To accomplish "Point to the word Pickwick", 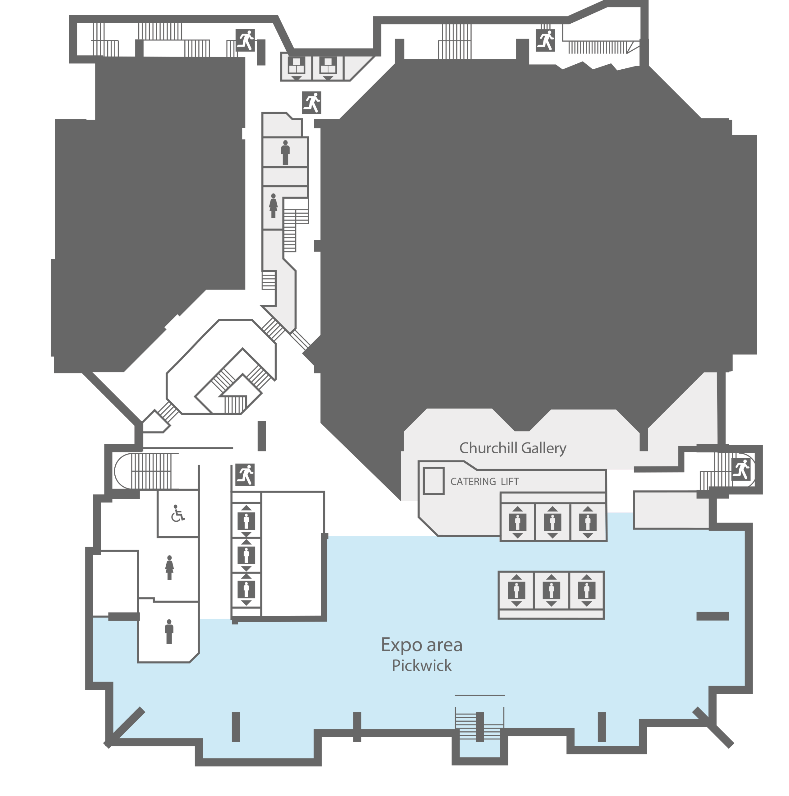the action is pos(422,666).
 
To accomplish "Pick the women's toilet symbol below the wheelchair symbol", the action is pos(169,568).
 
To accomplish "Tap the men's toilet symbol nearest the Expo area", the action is pos(169,632).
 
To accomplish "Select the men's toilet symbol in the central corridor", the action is pos(285,152).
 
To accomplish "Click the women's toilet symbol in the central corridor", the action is pos(273,206).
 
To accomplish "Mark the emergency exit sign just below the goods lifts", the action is pos(311,103).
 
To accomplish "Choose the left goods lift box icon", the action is pos(296,67).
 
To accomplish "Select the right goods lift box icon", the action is pos(328,67).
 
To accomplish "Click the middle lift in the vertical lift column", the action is pos(247,555).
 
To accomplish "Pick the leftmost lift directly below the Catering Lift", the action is pos(518,522).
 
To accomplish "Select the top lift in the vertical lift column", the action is pos(247,521).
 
